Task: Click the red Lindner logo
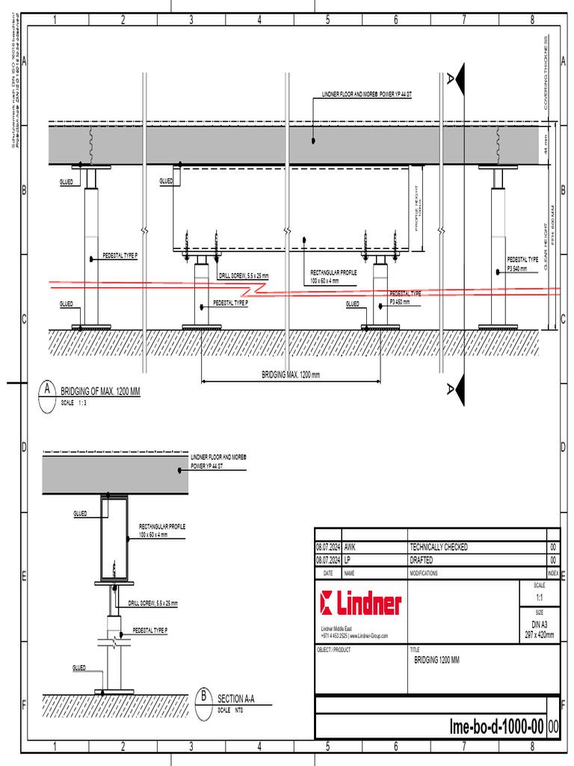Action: [x=360, y=602]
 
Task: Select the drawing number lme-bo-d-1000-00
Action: [x=496, y=726]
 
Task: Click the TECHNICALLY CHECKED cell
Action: [x=438, y=548]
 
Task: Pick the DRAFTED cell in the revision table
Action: [x=422, y=560]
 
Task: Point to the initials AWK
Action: [x=351, y=548]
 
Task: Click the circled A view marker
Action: [x=48, y=390]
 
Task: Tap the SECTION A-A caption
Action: [x=236, y=699]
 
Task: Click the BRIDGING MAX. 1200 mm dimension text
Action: [x=290, y=375]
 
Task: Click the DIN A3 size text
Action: [x=539, y=624]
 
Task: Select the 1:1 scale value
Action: [x=540, y=598]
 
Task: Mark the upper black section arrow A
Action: [x=457, y=76]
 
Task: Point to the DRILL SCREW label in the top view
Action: [x=244, y=276]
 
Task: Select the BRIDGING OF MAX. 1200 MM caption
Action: [x=100, y=391]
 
